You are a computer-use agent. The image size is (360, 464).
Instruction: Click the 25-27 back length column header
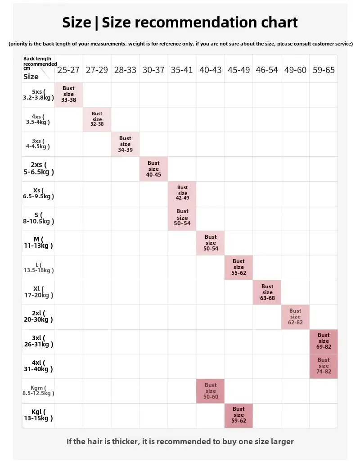(x=68, y=70)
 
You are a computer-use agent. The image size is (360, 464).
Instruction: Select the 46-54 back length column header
(x=267, y=70)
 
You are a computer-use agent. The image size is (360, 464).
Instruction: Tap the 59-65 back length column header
(x=324, y=70)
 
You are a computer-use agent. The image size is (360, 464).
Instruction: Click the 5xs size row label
(x=38, y=94)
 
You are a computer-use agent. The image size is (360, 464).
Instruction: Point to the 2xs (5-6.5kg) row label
(x=38, y=168)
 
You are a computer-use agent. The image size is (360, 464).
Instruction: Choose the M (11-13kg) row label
(x=38, y=242)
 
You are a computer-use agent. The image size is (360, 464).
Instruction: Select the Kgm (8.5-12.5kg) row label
(x=38, y=390)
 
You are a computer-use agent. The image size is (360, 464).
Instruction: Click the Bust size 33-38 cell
(x=69, y=95)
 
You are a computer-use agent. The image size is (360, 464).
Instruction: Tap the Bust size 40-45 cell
(x=153, y=169)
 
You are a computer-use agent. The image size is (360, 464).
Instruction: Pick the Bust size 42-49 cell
(x=182, y=193)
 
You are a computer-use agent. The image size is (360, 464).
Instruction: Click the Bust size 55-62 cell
(x=238, y=267)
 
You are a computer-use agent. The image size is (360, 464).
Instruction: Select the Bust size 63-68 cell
(x=267, y=292)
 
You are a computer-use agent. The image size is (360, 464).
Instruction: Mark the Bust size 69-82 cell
(x=324, y=341)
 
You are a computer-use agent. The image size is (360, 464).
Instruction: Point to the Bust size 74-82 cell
(x=324, y=366)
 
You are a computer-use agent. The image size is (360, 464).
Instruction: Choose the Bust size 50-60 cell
(x=211, y=391)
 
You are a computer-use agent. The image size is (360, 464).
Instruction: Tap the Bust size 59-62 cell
(x=238, y=415)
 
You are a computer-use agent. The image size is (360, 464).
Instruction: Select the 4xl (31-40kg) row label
(x=38, y=365)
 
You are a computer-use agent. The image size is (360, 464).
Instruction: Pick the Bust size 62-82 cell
(x=295, y=317)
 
